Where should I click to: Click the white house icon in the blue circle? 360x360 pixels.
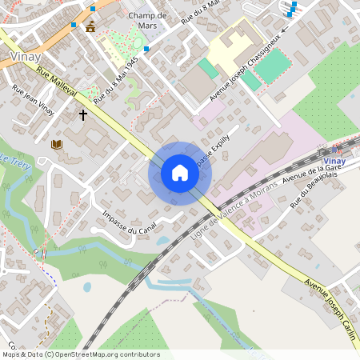point(180,173)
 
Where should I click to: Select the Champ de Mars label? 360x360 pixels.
point(146,21)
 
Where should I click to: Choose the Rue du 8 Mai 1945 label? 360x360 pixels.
point(116,81)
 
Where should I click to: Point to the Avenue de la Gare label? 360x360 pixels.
point(308,171)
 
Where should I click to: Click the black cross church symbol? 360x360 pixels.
point(82,115)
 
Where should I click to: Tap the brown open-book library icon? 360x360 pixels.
point(56,145)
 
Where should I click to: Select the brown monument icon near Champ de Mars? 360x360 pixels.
point(90,26)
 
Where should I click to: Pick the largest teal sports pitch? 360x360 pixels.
point(273,65)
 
